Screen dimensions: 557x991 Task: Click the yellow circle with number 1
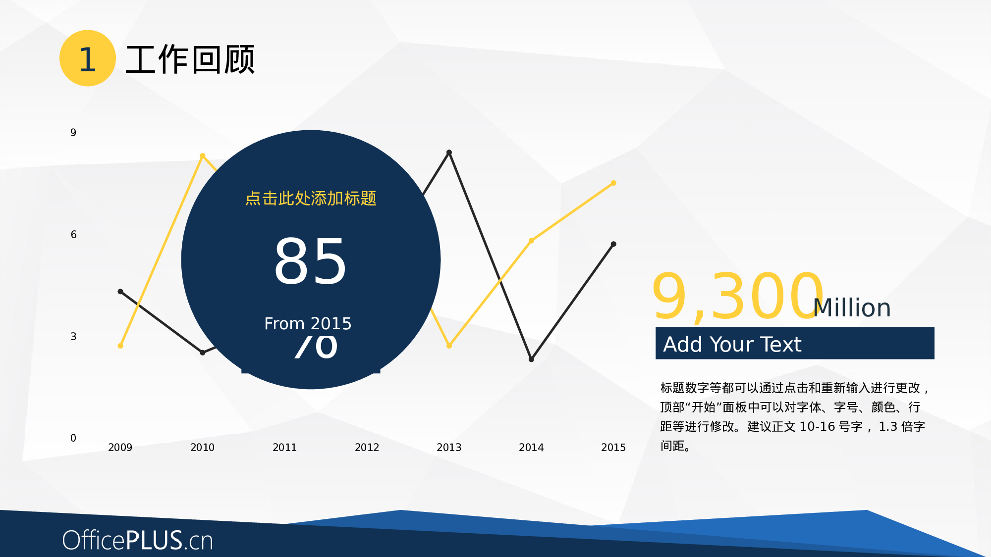[88, 58]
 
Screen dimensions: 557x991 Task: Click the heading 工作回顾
[190, 60]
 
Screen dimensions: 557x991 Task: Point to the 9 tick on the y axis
[73, 133]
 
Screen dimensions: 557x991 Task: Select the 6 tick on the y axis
[73, 235]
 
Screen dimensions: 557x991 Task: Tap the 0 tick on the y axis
[73, 438]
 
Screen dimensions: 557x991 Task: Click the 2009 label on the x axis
[120, 448]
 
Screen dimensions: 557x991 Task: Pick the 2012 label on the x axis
[367, 448]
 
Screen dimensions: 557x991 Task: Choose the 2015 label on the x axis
[613, 448]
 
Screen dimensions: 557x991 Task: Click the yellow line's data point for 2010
[202, 156]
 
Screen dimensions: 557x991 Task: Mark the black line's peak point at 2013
[449, 152]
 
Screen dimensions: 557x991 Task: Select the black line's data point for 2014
[531, 359]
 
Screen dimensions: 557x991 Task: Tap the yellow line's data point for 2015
[613, 183]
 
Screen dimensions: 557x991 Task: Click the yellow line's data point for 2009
[120, 346]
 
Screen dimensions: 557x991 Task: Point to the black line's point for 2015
[613, 244]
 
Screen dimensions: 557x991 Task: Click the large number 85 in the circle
[310, 261]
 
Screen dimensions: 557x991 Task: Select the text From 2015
[308, 324]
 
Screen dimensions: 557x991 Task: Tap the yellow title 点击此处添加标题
[311, 199]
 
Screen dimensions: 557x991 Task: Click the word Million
[852, 308]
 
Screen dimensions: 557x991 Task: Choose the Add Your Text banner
[794, 343]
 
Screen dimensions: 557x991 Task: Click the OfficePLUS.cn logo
[138, 540]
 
